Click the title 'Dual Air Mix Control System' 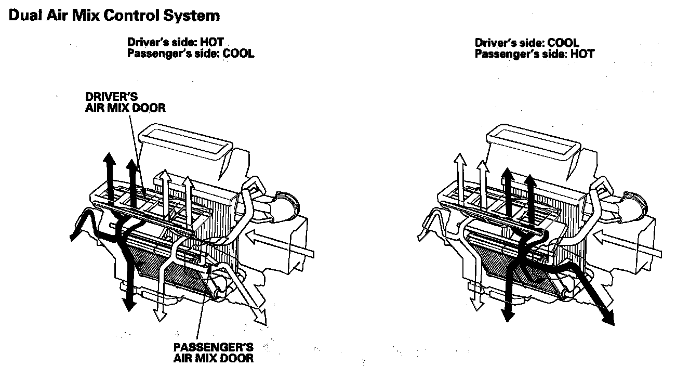tap(114, 16)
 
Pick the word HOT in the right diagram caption tap(582, 54)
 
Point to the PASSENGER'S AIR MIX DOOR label tap(213, 352)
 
